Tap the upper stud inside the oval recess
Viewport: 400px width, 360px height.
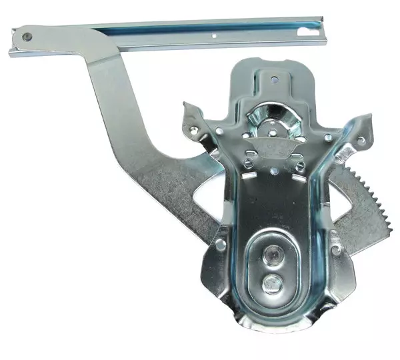pos(272,254)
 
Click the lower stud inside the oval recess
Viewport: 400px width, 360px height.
pos(270,284)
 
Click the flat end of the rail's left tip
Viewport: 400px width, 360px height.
pos(11,51)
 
